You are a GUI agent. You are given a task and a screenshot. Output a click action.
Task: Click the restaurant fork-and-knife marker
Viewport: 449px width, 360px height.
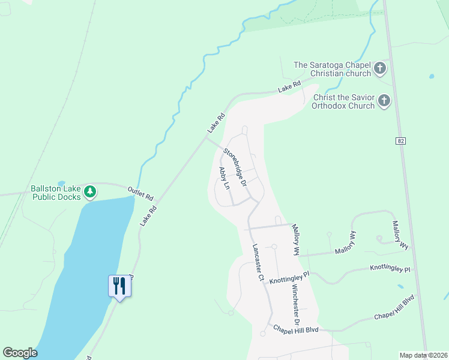coord(119,286)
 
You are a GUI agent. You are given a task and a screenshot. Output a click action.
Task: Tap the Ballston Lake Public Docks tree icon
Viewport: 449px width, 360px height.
coord(90,192)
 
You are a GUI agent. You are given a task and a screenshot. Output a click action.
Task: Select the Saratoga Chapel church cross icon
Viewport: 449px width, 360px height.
coord(380,69)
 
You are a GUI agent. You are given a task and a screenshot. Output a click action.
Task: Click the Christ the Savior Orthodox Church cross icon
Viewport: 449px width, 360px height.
coord(384,101)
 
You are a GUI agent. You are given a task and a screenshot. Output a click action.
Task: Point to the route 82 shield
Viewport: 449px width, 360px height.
coord(400,140)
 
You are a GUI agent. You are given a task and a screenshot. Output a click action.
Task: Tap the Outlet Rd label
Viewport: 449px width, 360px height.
coord(140,193)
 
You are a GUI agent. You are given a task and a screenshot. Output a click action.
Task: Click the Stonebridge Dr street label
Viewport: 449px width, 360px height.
coord(235,167)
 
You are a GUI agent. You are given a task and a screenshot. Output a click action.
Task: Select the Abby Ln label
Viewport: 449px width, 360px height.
coord(224,179)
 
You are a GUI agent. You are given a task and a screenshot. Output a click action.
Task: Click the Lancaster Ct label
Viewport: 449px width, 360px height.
coord(258,263)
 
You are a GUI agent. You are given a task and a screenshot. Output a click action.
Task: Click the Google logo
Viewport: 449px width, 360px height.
coord(20,353)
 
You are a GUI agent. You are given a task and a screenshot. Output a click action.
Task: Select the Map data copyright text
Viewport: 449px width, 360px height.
coord(423,355)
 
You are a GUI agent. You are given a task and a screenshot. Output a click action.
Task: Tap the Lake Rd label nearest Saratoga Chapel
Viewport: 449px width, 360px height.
coord(289,88)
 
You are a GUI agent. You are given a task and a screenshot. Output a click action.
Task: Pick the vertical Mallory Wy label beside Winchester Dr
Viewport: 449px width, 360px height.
coord(295,240)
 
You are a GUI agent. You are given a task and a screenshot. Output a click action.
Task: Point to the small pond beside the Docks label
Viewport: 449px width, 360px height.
coord(61,182)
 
